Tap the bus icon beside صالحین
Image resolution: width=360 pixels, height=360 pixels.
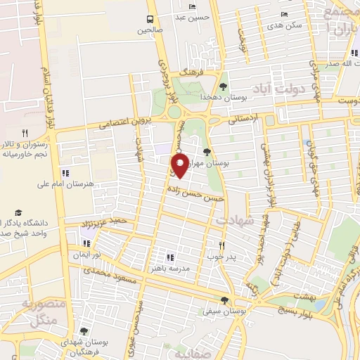(x=150, y=19)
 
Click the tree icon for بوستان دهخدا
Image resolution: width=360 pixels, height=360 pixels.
(x=223, y=86)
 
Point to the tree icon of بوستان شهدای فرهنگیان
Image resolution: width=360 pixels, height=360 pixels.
(x=84, y=331)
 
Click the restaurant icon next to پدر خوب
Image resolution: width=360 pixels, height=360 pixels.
(x=222, y=245)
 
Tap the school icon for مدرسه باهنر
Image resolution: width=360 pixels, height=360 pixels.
(x=169, y=257)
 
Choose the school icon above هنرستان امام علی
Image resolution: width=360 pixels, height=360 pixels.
(x=66, y=173)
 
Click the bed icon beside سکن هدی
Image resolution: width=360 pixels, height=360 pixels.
(x=284, y=13)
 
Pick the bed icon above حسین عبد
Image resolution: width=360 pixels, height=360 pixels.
(x=193, y=6)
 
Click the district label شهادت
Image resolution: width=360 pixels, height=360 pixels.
(x=235, y=220)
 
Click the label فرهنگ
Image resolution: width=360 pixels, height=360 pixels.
(x=190, y=72)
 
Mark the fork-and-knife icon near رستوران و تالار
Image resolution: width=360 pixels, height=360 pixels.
(x=25, y=132)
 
